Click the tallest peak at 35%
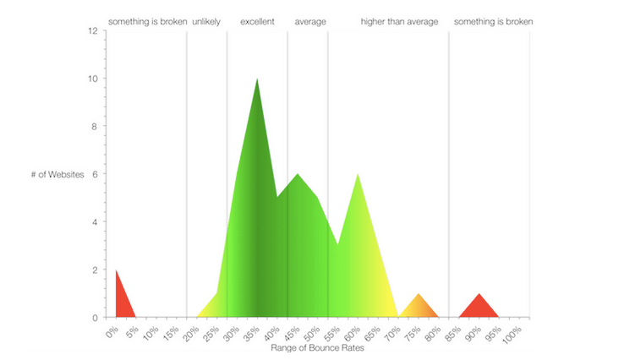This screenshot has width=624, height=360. click(x=257, y=79)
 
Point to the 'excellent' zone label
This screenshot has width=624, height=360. click(x=257, y=21)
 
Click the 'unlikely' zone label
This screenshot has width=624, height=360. click(x=206, y=21)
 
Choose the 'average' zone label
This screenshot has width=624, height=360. click(x=310, y=22)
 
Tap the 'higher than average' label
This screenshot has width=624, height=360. click(x=399, y=21)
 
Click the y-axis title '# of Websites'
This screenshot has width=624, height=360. click(x=57, y=174)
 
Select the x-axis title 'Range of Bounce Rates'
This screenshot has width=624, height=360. click(x=317, y=347)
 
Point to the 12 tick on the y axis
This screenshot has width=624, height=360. click(x=93, y=30)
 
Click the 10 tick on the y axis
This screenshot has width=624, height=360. click(x=93, y=79)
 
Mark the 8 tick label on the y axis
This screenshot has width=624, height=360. click(x=95, y=127)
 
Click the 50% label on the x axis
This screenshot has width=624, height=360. click(x=312, y=333)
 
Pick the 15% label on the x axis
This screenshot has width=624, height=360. click(x=171, y=333)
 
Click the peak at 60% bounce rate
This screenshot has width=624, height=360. click(x=358, y=174)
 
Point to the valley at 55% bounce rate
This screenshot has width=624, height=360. click(x=338, y=244)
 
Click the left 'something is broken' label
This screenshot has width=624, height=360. click(x=148, y=21)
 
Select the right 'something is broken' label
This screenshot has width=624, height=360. click(x=493, y=21)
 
